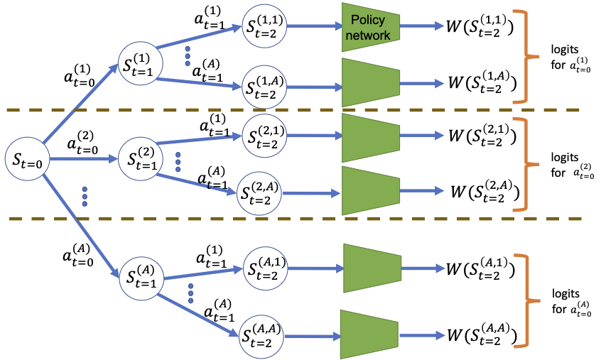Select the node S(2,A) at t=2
[x=257, y=192]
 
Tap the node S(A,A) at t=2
[x=259, y=332]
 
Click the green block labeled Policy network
[x=369, y=28]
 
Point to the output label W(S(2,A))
[x=482, y=192]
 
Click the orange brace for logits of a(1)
[x=528, y=56]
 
